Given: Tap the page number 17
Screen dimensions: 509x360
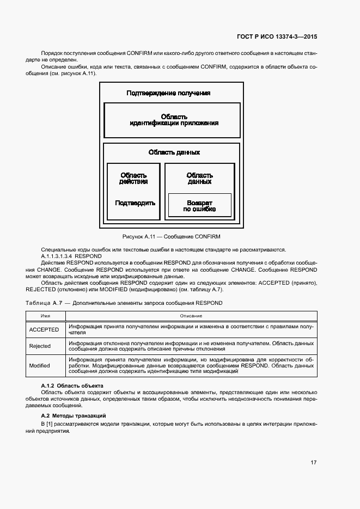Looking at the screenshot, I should coord(314,462).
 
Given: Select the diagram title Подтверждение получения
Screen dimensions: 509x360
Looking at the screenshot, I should coord(168,93).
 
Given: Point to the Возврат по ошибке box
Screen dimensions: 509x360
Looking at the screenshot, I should coord(199,205).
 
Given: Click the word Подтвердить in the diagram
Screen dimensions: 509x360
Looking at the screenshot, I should coord(135,203).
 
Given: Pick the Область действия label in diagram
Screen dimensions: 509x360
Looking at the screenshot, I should coord(134,178).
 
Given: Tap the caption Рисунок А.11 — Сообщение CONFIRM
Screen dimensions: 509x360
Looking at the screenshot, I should coord(172,236).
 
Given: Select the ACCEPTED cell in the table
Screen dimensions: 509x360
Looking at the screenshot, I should coord(44,329).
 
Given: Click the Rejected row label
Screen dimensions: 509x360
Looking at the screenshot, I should coord(40,346).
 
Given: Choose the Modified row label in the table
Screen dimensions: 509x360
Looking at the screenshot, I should coord(39,365).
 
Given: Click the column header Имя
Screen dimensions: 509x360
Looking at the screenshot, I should coord(46,316).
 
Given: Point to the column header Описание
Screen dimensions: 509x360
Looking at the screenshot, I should coord(191,316).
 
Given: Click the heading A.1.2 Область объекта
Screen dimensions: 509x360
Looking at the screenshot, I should coord(68,385).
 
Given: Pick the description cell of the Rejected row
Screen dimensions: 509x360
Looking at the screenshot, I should coord(191,346).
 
